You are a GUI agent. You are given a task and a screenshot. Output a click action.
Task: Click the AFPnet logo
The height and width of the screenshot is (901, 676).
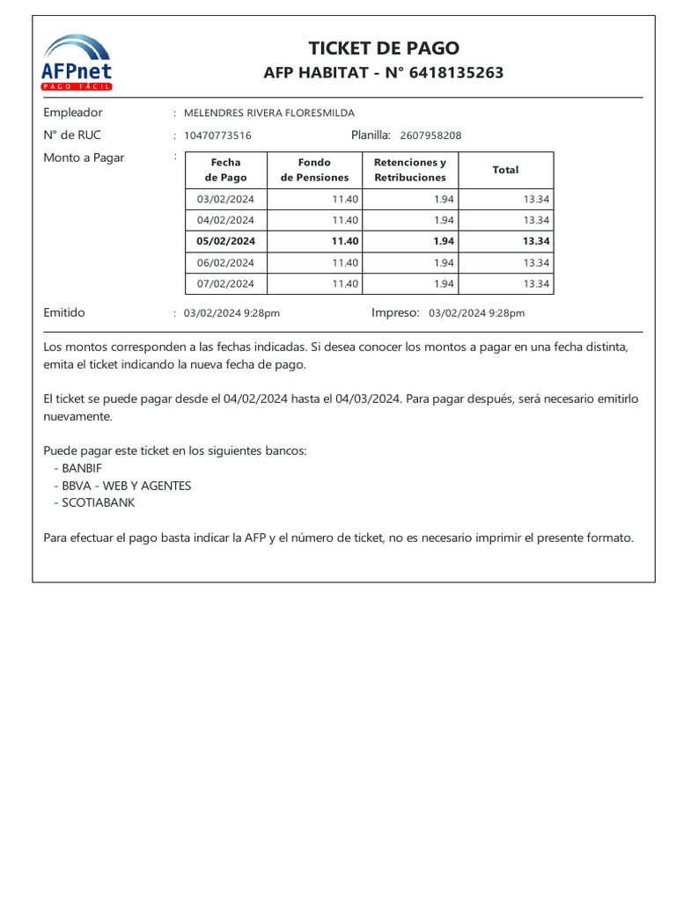point(77,62)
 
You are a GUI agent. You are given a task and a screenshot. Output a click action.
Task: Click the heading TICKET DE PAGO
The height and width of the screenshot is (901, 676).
point(383,48)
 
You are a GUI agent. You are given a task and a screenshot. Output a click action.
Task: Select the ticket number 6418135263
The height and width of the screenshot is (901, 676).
point(457,73)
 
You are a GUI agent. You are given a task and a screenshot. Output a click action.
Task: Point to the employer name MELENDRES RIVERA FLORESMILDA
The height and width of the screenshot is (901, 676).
point(268,113)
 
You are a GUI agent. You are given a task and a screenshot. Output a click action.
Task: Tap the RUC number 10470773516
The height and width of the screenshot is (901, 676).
point(217,136)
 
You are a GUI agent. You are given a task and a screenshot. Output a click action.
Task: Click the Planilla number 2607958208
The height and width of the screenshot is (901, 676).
point(430,136)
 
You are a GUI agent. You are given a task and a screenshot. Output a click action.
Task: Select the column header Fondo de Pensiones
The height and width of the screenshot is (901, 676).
point(314,170)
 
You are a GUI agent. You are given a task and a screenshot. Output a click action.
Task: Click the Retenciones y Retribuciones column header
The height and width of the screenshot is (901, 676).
point(410,170)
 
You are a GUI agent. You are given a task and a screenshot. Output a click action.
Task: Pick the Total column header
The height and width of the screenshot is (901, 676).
point(505,170)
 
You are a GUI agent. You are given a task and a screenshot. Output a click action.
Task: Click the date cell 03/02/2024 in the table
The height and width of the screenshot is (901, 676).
point(225,200)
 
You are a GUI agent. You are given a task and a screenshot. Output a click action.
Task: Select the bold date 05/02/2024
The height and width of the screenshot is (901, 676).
point(225,241)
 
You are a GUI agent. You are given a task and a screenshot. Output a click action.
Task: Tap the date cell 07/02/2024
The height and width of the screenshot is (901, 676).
point(225,283)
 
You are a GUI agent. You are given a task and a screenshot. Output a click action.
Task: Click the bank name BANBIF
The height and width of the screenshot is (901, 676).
point(82,468)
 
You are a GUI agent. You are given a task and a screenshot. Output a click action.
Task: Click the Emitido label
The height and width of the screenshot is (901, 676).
point(64,312)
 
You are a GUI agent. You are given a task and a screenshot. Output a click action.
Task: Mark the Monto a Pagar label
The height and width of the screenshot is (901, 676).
point(84,157)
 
